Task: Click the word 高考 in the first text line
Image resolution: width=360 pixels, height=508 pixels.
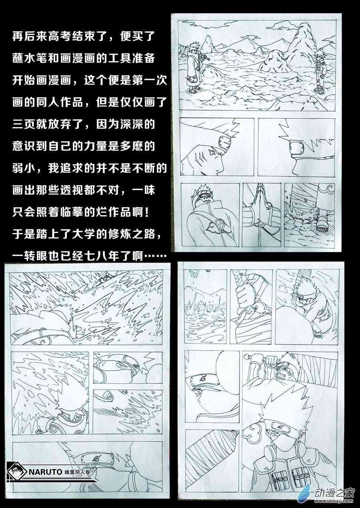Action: (x=60, y=36)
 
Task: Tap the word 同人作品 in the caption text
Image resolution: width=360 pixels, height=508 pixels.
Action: (x=60, y=102)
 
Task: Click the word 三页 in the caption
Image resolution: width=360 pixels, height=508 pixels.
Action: (x=24, y=124)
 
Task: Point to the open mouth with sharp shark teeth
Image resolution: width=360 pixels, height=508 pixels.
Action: (x=280, y=375)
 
